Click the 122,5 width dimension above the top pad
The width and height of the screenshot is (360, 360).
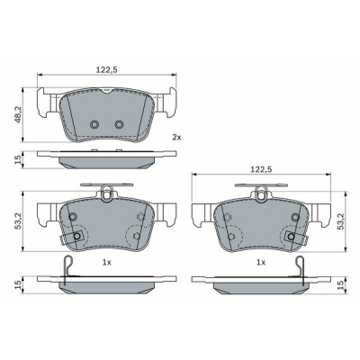click(x=106, y=69)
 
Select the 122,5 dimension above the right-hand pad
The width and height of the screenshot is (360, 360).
click(x=261, y=169)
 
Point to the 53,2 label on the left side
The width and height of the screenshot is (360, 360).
click(x=19, y=221)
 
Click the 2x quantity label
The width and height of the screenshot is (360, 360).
click(x=176, y=138)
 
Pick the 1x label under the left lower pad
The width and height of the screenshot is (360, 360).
click(x=107, y=263)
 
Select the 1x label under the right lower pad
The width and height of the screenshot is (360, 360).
click(x=261, y=263)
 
